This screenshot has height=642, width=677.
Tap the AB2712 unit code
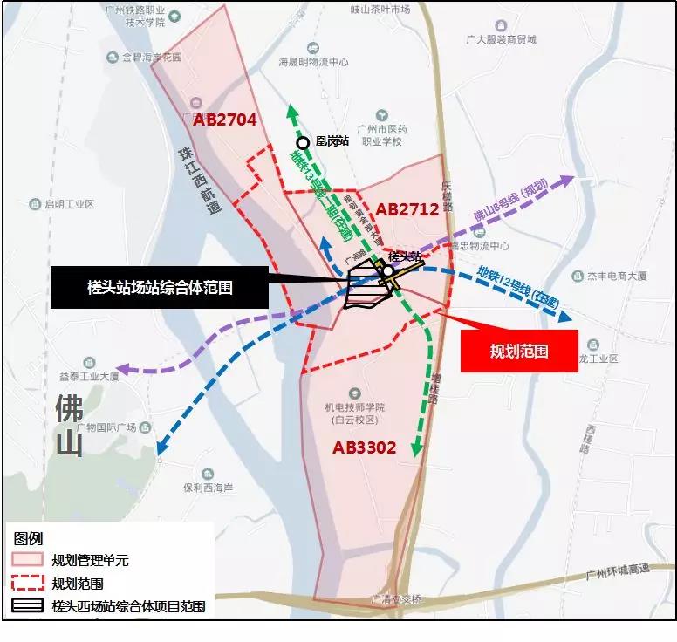tap(407, 209)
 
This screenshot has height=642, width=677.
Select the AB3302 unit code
tap(364, 447)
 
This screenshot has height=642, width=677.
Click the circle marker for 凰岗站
tap(303, 143)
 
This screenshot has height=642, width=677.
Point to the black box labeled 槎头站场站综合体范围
tap(159, 287)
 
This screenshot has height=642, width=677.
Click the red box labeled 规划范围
tap(518, 351)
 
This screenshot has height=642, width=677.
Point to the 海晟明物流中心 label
tap(313, 63)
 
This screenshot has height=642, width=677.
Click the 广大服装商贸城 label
tap(501, 39)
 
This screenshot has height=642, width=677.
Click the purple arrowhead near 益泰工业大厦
tap(122, 369)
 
